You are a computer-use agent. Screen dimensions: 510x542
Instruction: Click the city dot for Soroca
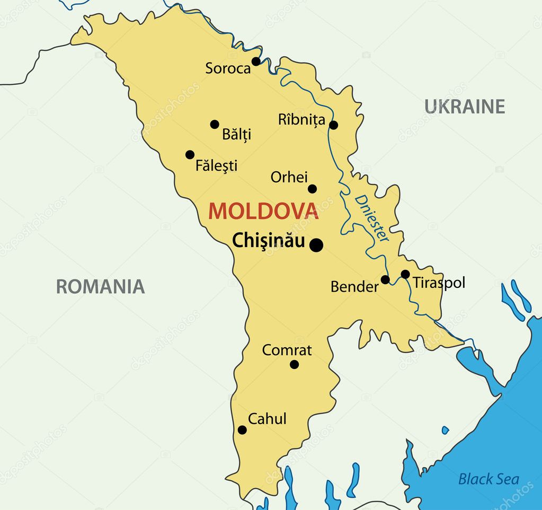(x=256, y=61)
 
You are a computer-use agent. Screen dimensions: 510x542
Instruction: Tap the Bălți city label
(x=237, y=134)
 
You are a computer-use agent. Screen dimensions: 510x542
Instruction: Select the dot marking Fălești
(x=190, y=155)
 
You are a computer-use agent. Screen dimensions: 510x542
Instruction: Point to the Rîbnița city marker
(x=333, y=125)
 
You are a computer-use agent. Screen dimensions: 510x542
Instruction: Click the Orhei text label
(x=289, y=177)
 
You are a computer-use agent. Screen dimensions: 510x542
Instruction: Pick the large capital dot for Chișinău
(x=316, y=245)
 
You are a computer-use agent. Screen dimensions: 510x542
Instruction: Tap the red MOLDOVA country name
(x=263, y=211)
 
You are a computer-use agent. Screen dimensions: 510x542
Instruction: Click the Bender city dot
(x=385, y=279)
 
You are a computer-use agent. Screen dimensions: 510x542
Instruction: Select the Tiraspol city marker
(x=405, y=274)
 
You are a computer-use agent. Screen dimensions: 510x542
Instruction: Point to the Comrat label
(x=287, y=350)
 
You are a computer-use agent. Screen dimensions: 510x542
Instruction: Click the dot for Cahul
(x=242, y=430)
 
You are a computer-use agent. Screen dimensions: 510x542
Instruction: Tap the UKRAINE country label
(x=464, y=107)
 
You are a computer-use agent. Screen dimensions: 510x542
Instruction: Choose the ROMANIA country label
(x=100, y=286)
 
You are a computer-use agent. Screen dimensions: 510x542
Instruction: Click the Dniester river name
(x=372, y=218)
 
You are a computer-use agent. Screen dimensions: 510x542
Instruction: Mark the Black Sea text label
(x=488, y=479)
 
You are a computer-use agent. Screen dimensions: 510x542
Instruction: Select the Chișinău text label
(x=269, y=241)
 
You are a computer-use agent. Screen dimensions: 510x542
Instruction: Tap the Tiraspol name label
(x=439, y=283)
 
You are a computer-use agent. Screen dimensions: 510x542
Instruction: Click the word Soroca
(x=228, y=68)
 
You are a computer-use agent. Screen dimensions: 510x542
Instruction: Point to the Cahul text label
(x=267, y=419)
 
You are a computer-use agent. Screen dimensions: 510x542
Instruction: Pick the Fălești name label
(x=216, y=165)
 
